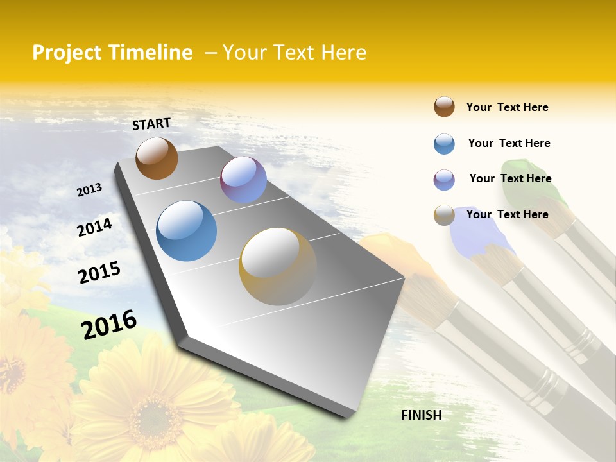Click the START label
151,124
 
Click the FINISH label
422,415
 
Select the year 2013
89,190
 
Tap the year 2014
94,227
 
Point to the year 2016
109,325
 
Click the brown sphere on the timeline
157,158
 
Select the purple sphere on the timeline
243,180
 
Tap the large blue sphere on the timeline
187,231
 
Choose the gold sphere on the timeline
277,266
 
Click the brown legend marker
444,107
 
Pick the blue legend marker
444,144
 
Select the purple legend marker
444,180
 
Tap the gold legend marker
444,215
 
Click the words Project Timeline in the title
112,53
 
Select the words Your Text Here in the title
295,53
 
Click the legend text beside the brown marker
507,107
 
